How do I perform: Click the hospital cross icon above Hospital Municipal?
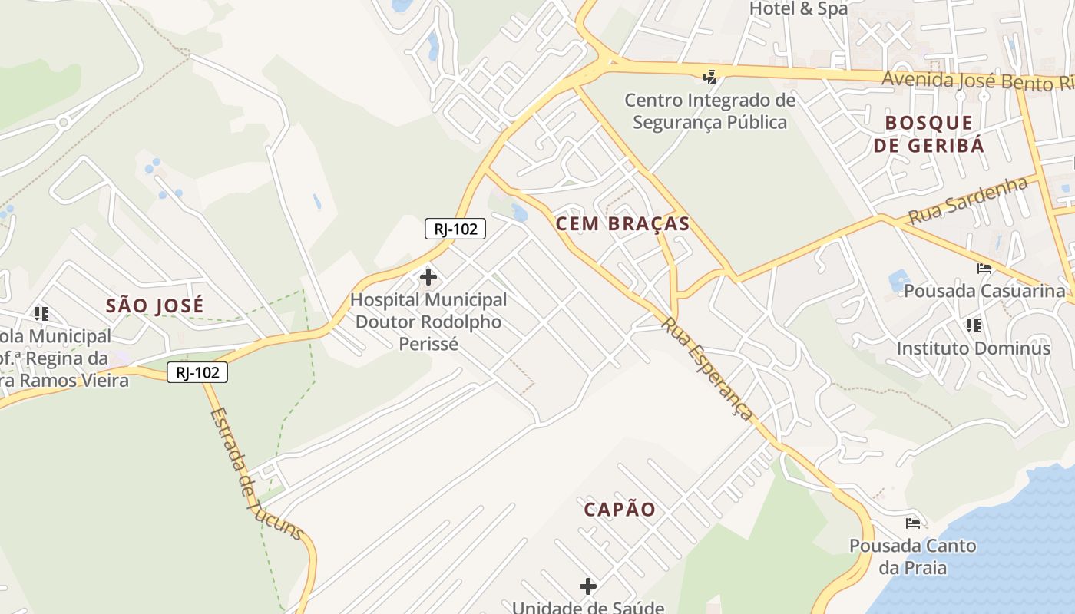[x=428, y=277]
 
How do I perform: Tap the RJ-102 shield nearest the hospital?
[x=455, y=229]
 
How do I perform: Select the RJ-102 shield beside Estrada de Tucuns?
[x=198, y=373]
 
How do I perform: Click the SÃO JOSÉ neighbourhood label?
[x=155, y=305]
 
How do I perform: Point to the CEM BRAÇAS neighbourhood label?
[x=622, y=224]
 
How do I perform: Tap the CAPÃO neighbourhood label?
[x=620, y=510]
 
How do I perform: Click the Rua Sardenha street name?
[x=968, y=200]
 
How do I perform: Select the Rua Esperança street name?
[x=707, y=368]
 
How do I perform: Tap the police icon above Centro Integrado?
[x=710, y=77]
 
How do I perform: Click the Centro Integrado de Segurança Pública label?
[x=709, y=111]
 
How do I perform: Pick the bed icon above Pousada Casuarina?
[x=984, y=269]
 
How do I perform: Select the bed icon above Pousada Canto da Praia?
[x=913, y=523]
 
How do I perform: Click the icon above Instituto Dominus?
[x=974, y=325]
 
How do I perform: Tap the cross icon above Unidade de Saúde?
[x=588, y=587]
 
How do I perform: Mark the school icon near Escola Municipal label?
[x=41, y=313]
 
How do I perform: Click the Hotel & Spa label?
[x=799, y=9]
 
